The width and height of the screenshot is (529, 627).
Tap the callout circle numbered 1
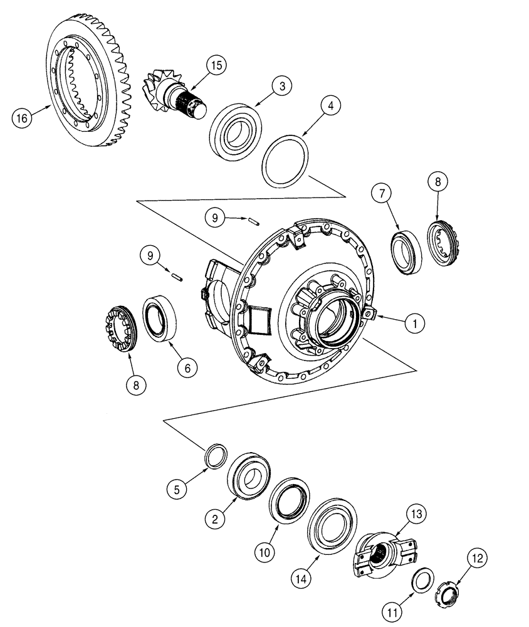[412, 324]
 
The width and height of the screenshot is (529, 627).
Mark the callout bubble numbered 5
[177, 488]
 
